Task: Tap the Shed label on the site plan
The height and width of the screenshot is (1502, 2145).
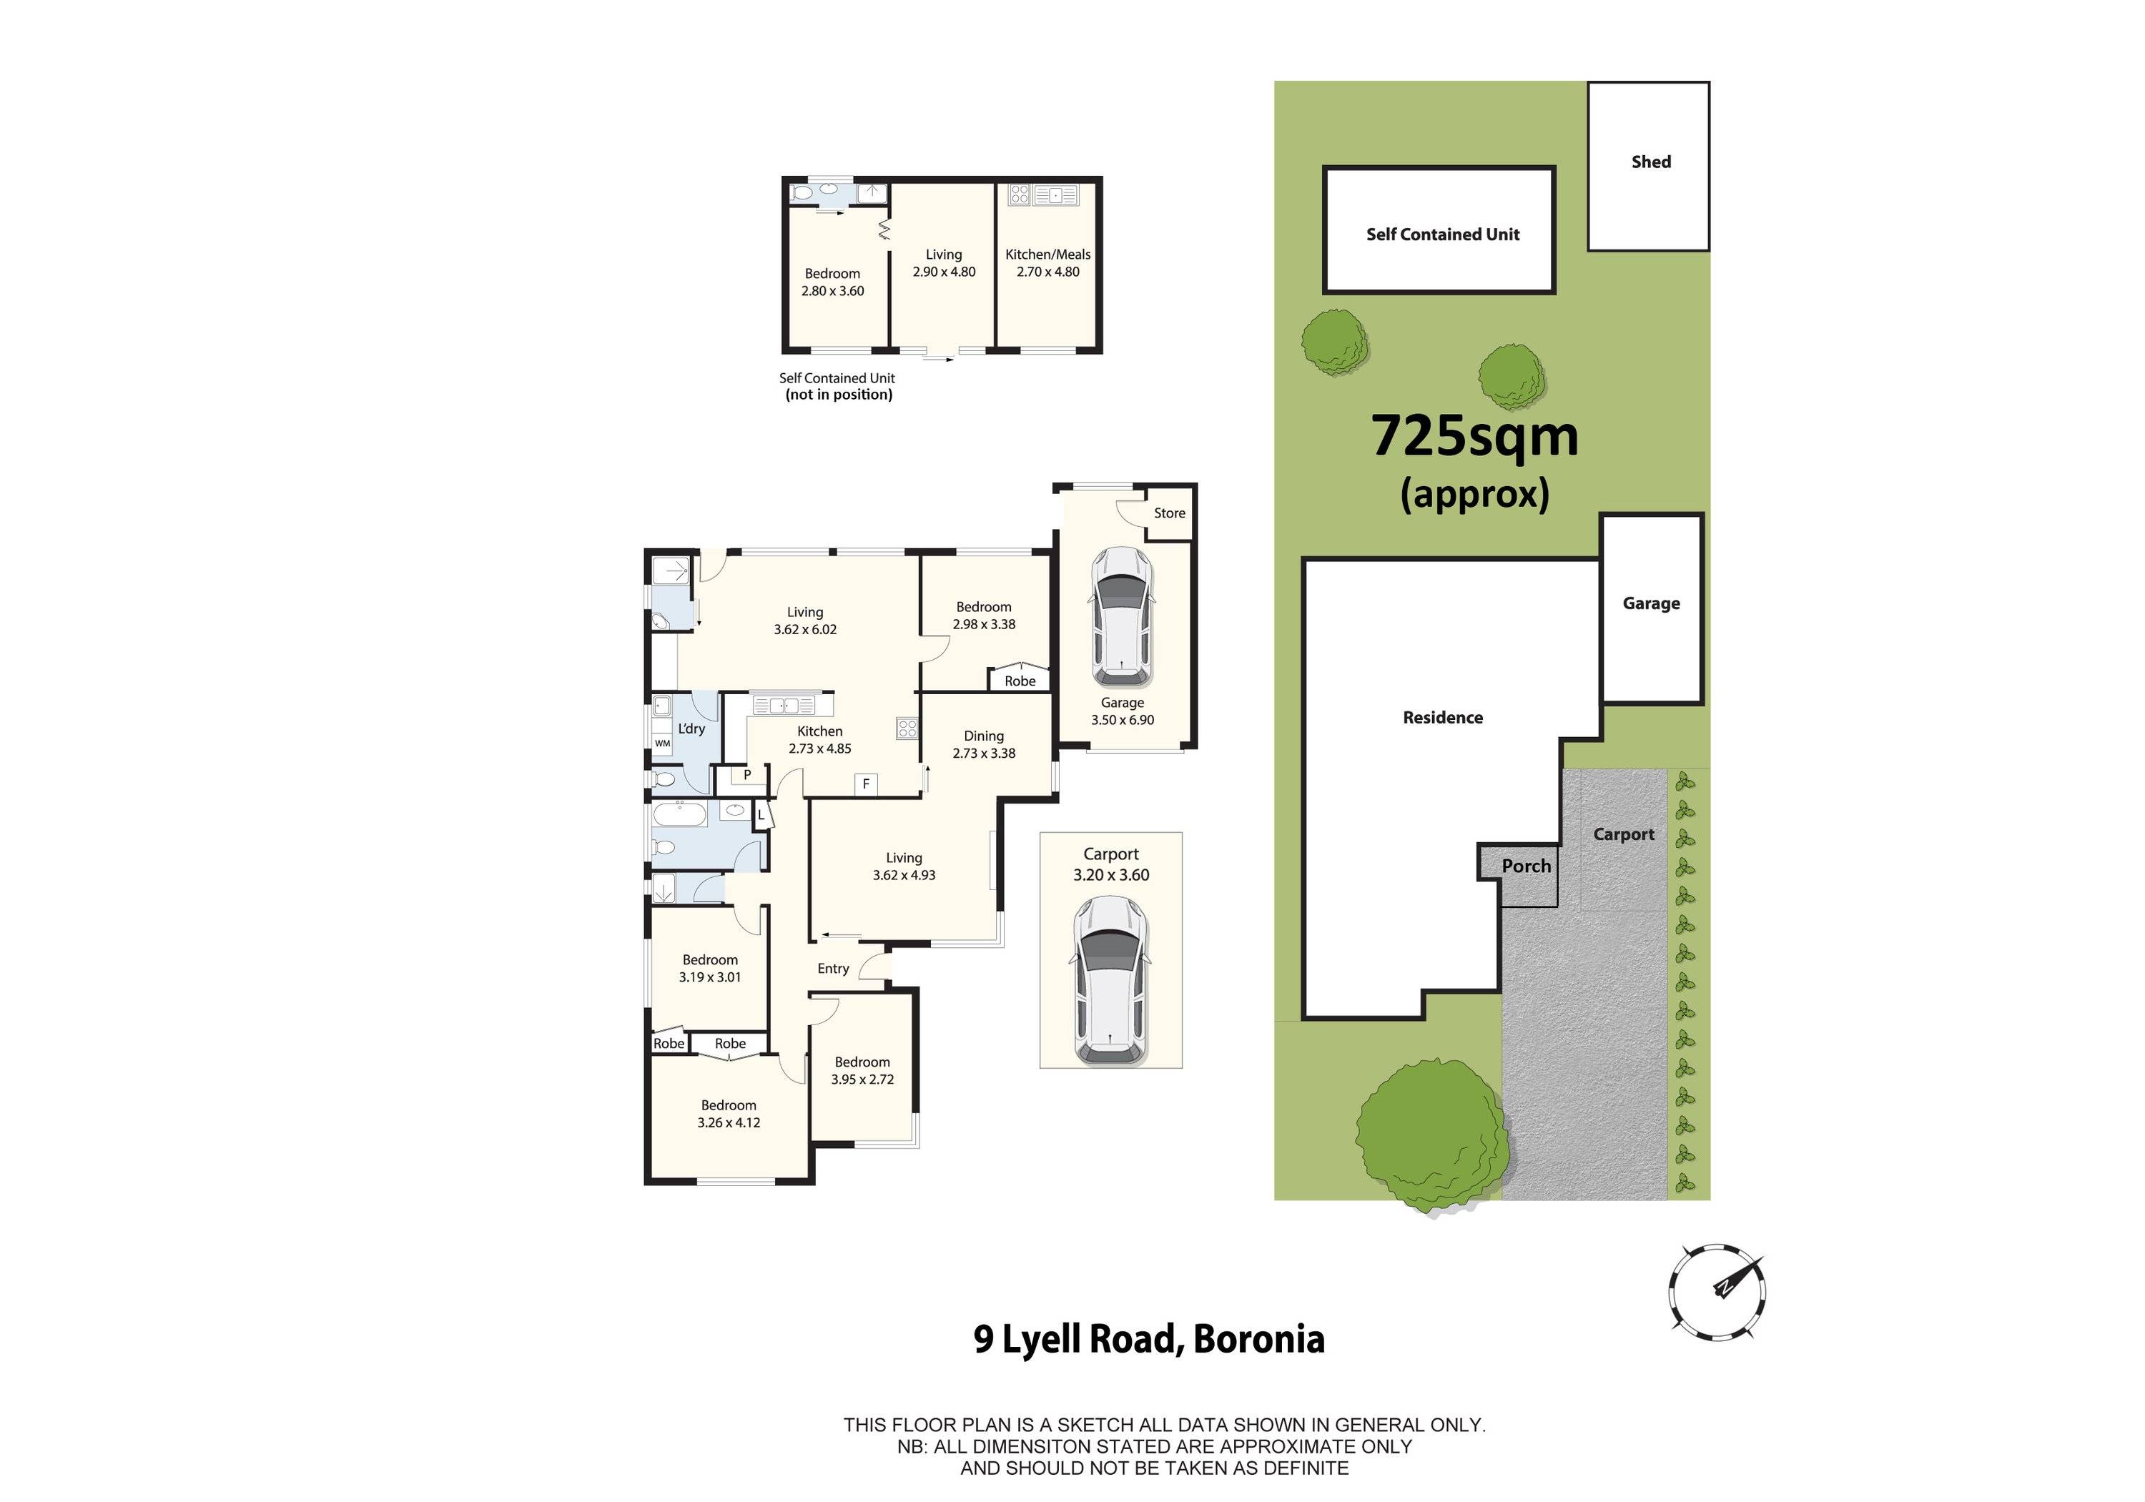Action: pos(1651,162)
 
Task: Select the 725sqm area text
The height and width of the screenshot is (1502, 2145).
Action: pos(1474,436)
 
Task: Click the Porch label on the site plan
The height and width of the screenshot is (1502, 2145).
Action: pos(1526,866)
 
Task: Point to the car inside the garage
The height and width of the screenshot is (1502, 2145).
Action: pos(1121,616)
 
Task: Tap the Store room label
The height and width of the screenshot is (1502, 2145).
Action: pos(1169,513)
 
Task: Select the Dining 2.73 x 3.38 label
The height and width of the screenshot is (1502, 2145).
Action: pos(984,744)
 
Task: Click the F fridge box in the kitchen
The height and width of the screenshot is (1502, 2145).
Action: pos(866,784)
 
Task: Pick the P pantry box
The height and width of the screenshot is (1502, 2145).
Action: pos(746,774)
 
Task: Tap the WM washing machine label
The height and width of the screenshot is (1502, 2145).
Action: pos(662,743)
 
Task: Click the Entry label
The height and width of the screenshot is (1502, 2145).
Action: pos(834,969)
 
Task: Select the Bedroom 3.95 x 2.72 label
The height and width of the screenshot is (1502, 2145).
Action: pos(862,1070)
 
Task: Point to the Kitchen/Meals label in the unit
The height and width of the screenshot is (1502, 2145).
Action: pos(1047,262)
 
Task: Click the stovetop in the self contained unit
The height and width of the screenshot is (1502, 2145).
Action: pos(1020,194)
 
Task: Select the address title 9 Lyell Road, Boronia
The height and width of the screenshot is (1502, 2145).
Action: pos(1148,1338)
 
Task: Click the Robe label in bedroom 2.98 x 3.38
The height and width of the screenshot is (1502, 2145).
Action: pos(1020,681)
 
